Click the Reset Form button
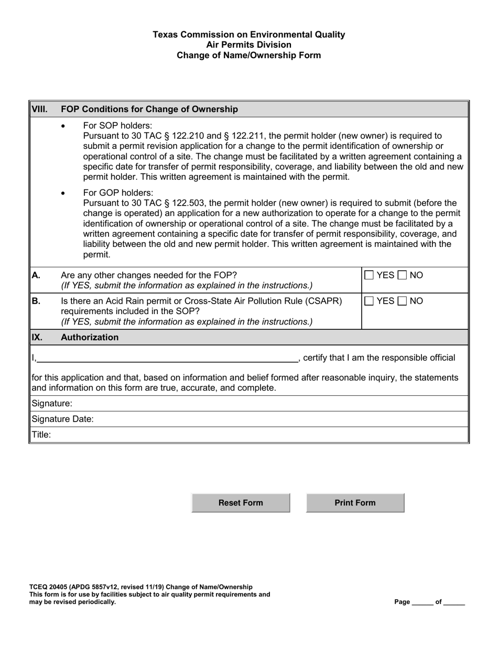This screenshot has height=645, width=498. [x=241, y=503]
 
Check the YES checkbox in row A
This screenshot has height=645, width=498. [x=369, y=275]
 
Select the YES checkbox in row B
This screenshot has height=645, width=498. [x=369, y=301]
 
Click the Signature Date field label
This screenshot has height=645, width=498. [x=63, y=419]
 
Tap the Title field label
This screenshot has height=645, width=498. [x=41, y=434]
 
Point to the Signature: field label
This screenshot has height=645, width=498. [x=52, y=403]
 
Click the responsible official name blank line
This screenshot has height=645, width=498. [x=167, y=358]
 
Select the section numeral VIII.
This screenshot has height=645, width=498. [x=40, y=109]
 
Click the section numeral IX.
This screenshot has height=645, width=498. [x=36, y=337]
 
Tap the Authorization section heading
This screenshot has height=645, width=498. [x=90, y=337]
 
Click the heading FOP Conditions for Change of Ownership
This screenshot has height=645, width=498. [x=149, y=109]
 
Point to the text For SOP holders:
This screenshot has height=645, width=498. [x=117, y=126]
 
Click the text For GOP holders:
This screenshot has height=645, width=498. [x=118, y=192]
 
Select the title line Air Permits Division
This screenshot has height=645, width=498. [x=248, y=45]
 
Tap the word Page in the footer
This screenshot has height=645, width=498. [x=402, y=602]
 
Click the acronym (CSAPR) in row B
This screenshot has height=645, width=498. [x=323, y=301]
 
